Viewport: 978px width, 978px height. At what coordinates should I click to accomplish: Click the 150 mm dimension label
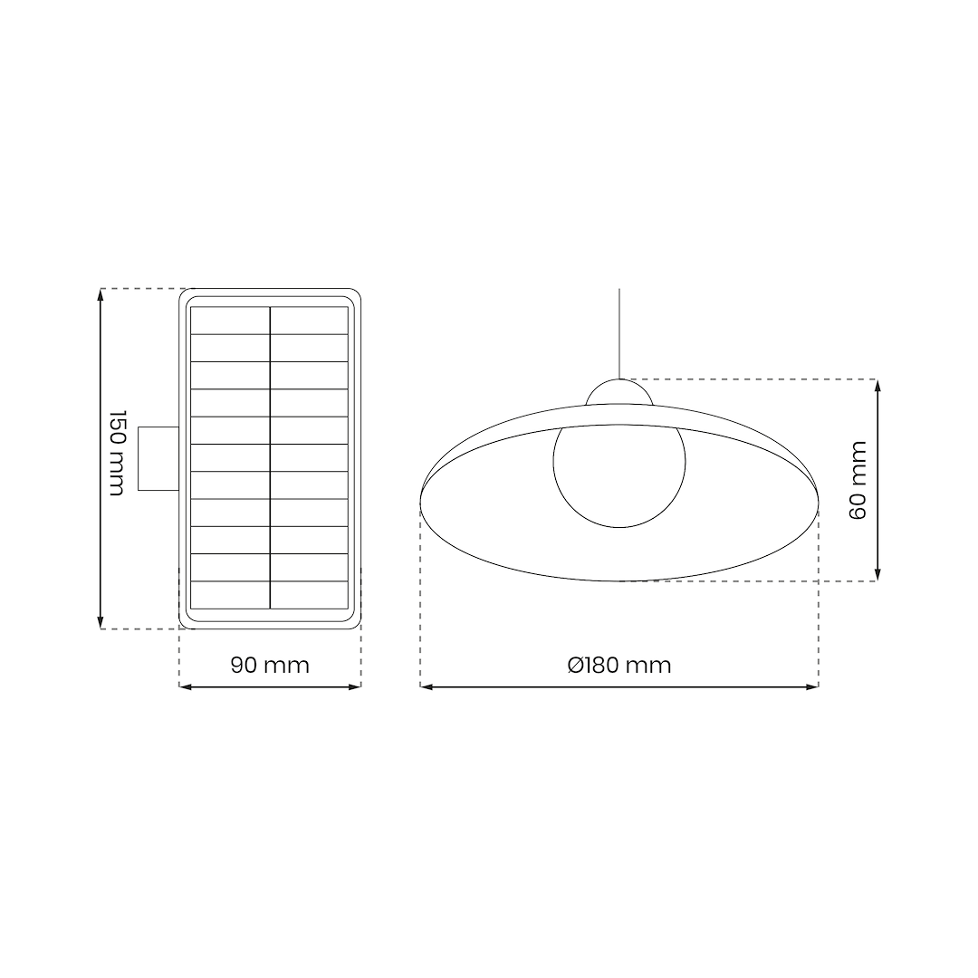tap(117, 453)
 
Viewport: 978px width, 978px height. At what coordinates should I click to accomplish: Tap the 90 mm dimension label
tap(270, 666)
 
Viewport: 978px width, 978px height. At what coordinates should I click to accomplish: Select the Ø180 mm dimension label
tap(619, 666)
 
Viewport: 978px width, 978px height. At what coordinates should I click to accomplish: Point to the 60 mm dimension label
tap(858, 480)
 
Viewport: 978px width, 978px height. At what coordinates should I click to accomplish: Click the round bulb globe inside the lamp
tap(619, 480)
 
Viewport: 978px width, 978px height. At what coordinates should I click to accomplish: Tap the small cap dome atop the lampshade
tap(619, 393)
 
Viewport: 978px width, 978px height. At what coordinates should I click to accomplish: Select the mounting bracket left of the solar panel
tap(158, 458)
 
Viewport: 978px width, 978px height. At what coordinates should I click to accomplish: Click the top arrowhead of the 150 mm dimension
tap(101, 294)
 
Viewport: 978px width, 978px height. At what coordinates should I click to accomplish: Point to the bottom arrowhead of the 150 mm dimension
tap(101, 622)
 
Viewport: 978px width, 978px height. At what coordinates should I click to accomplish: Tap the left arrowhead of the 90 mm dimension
tap(186, 686)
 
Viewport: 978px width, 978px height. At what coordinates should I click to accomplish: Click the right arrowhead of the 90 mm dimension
tap(355, 686)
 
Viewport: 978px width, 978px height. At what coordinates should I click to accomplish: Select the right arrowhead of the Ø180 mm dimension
tap(812, 686)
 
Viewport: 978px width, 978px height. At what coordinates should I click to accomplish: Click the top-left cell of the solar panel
tap(230, 321)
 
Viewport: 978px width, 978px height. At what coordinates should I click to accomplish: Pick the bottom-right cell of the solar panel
tap(309, 595)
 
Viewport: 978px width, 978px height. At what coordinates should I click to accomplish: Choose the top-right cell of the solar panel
tap(309, 321)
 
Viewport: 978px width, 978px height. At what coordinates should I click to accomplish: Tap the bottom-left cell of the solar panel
tap(230, 595)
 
